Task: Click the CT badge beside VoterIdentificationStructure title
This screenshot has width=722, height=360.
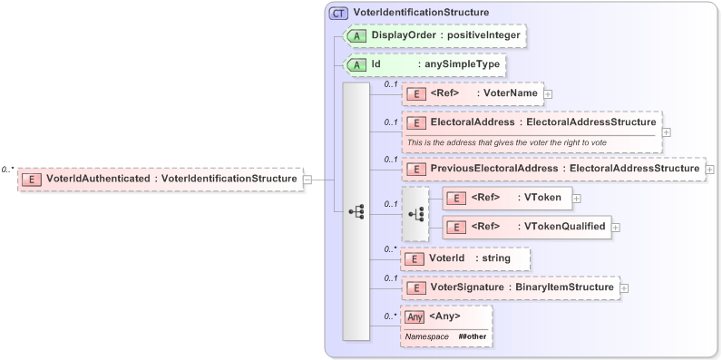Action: tap(338, 13)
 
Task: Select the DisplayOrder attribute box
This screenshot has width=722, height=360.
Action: tap(435, 34)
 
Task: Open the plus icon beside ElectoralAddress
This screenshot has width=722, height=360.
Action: tap(667, 131)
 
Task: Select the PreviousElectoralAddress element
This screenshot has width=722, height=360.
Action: tap(552, 169)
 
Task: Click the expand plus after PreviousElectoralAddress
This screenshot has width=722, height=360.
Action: tap(709, 169)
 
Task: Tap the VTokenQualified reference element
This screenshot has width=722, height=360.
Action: tap(525, 226)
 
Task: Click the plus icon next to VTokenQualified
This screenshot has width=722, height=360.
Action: tap(616, 226)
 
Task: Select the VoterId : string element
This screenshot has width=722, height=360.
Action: tap(465, 258)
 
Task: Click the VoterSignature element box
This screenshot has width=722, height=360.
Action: tap(510, 287)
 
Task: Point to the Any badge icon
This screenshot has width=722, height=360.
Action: tap(415, 316)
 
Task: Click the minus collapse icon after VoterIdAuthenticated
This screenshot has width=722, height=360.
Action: tap(307, 180)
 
